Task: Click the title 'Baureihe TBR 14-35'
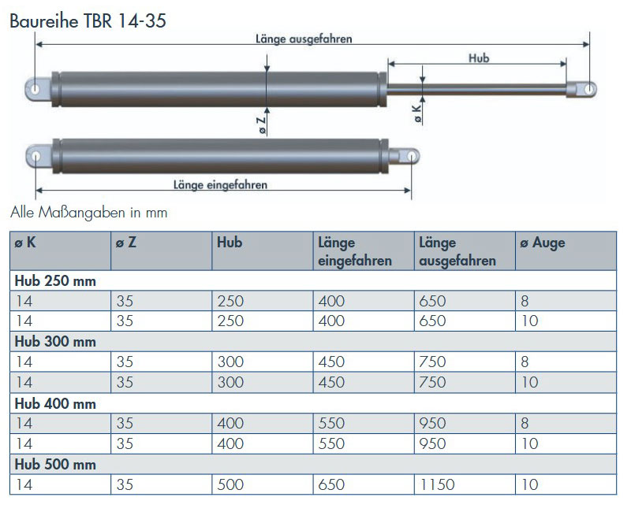pos(88,21)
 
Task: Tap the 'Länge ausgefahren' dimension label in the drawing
pos(304,39)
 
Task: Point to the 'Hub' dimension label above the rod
pos(479,58)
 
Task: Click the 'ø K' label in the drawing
pos(417,113)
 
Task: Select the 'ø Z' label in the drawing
pos(262,125)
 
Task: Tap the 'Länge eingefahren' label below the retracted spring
pos(221,185)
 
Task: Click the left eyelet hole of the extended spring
pos(35,89)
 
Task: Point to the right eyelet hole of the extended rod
pos(589,89)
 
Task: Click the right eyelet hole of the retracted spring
pos(411,156)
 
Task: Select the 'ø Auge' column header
pos(543,243)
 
